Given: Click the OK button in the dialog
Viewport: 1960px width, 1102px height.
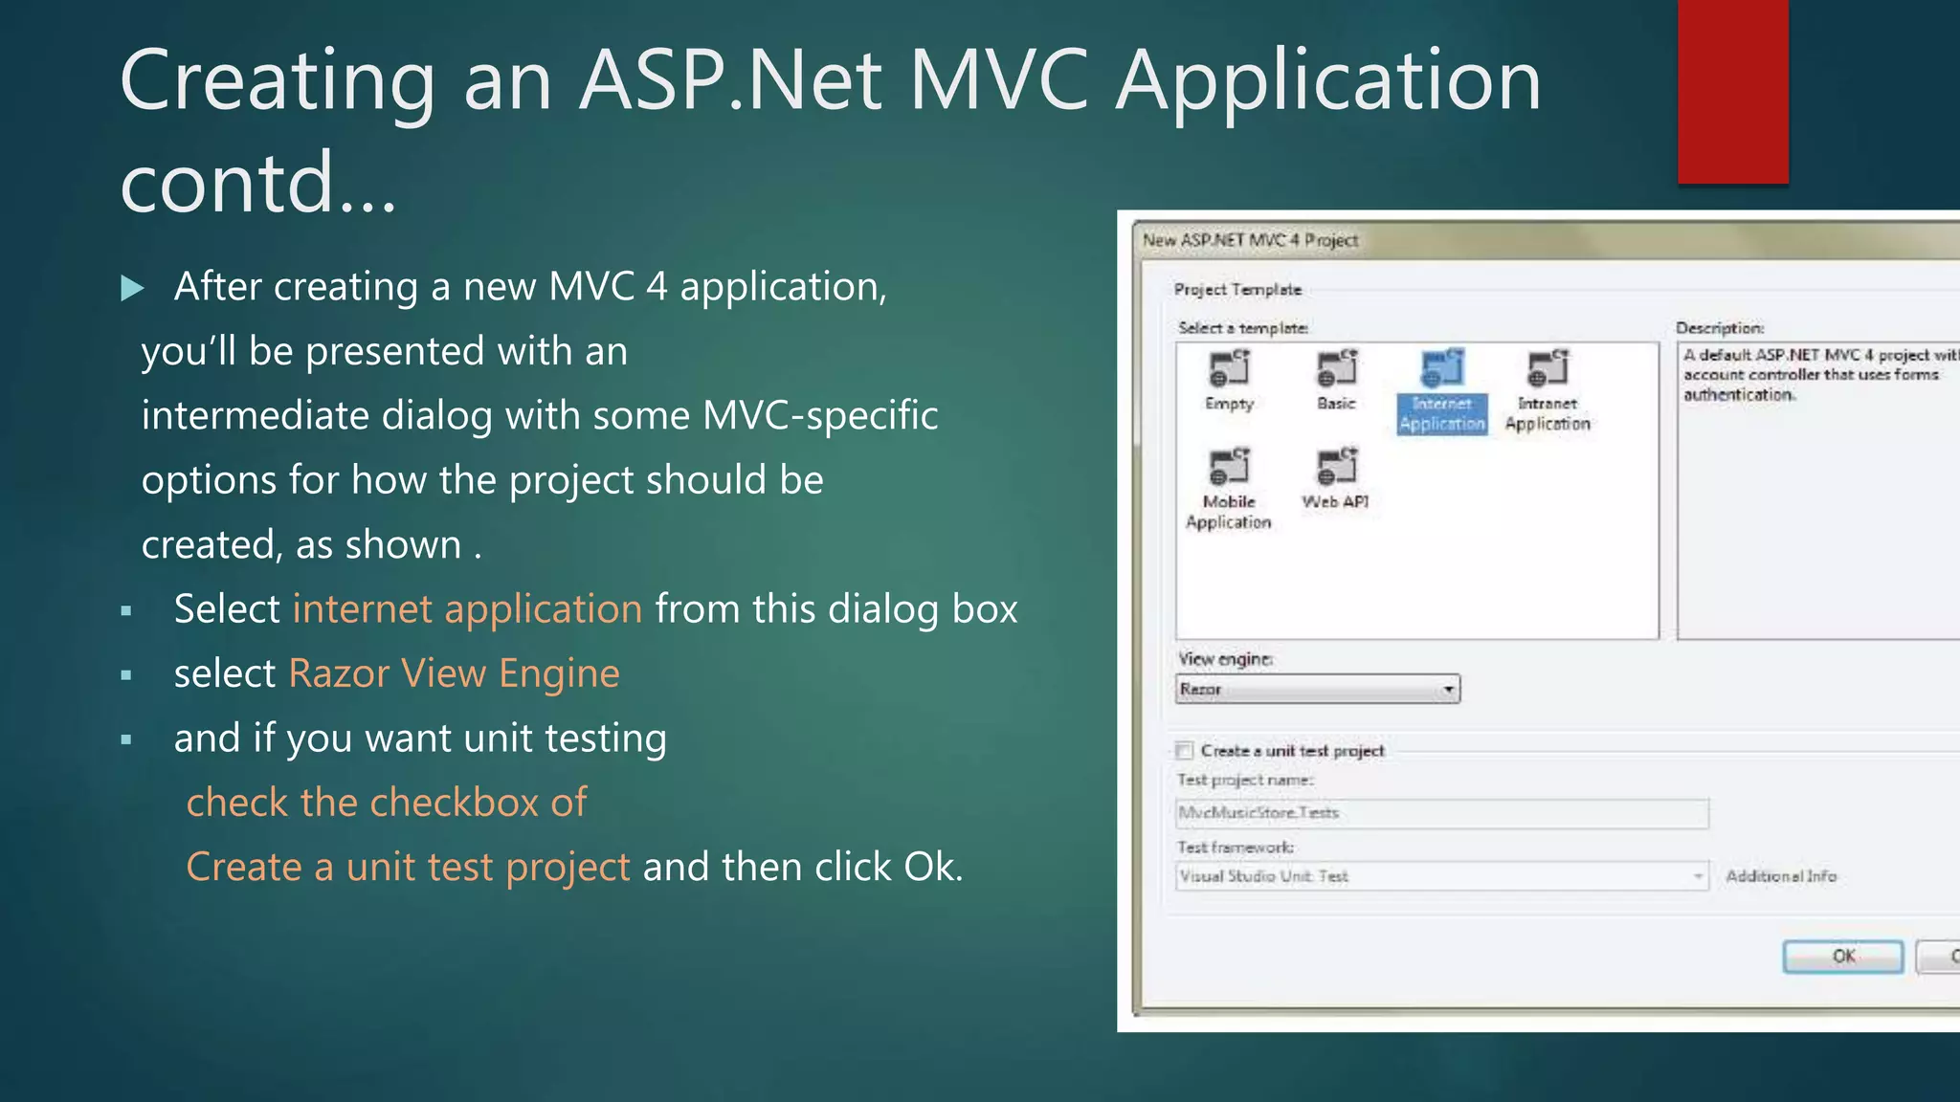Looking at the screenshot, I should (x=1842, y=956).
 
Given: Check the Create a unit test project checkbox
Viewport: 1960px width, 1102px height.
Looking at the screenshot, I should (x=1185, y=750).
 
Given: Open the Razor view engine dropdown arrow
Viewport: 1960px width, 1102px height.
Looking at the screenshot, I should (x=1449, y=689).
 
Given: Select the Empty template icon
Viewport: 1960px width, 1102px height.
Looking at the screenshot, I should (x=1230, y=368).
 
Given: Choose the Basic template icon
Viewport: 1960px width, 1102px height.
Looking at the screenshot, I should (x=1337, y=368).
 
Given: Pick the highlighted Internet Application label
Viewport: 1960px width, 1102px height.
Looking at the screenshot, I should (x=1442, y=414).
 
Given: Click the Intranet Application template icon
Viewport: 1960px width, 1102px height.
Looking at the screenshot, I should (x=1548, y=368).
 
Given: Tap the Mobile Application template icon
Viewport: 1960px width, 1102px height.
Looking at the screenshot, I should (x=1230, y=467).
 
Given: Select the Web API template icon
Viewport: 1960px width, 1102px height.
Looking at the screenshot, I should (x=1337, y=467).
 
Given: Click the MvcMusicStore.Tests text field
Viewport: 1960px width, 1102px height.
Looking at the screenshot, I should (x=1440, y=813).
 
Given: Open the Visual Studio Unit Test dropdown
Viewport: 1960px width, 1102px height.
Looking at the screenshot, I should (x=1697, y=876).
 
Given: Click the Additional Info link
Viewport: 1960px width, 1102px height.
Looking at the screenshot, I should (x=1781, y=876).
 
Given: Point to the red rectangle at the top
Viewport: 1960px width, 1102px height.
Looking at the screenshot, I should (x=1732, y=91).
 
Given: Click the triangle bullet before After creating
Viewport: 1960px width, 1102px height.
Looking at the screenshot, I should (x=132, y=288).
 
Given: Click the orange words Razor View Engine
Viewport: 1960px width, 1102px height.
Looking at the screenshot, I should (x=454, y=673).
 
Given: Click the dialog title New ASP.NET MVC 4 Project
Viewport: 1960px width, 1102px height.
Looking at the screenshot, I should (x=1250, y=240).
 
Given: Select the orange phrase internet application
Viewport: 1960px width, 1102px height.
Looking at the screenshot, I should (x=467, y=609).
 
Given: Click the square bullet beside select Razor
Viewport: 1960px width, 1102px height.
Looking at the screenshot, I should (x=126, y=675).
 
